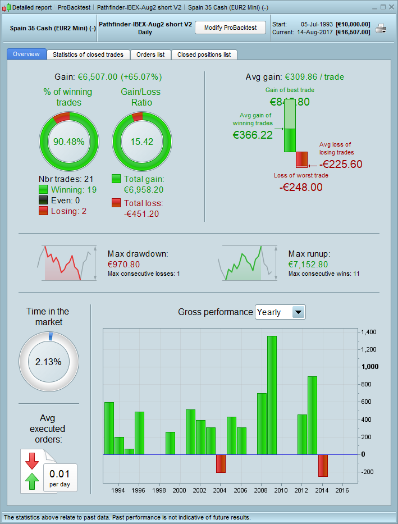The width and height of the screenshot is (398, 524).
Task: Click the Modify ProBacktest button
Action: (230, 28)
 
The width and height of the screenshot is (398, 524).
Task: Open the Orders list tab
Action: (150, 54)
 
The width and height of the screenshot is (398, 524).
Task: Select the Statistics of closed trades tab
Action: (88, 54)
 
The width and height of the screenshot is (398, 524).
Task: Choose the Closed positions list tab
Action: (204, 54)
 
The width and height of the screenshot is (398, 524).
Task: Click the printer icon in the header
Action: (381, 29)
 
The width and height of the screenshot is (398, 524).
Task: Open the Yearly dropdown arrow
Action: (299, 312)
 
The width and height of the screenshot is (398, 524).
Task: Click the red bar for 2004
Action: (221, 463)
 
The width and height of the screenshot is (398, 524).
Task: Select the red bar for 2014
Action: (323, 465)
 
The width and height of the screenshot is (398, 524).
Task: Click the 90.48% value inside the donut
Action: (68, 142)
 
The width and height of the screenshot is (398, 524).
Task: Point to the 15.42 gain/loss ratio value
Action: (141, 142)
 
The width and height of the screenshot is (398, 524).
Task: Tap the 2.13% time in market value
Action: (48, 362)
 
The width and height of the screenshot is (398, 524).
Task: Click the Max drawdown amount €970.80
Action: (124, 264)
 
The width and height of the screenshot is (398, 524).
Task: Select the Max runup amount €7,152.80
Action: (308, 264)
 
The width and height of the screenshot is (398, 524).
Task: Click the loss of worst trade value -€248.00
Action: (301, 187)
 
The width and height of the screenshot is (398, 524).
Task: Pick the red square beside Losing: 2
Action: (43, 211)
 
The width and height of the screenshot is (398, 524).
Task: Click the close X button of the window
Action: (391, 7)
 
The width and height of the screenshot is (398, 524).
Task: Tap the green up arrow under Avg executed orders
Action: (32, 481)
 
